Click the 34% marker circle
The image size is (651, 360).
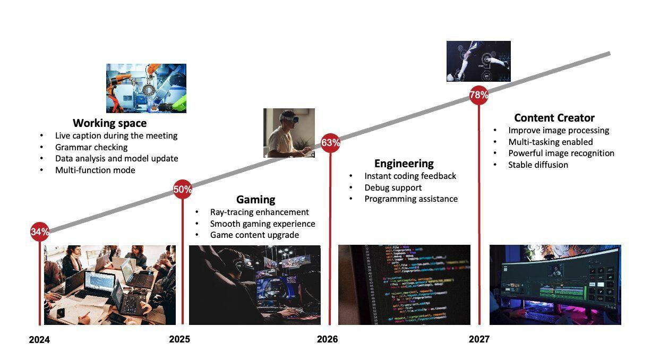tap(40, 232)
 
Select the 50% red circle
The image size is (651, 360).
tap(183, 189)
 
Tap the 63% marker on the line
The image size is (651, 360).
tap(330, 143)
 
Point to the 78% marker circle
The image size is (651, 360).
tap(478, 95)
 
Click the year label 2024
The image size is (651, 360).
tap(39, 340)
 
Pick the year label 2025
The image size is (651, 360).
tap(179, 339)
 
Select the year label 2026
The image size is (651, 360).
tap(328, 339)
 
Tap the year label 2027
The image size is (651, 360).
tap(479, 339)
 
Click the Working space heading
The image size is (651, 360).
tap(110, 123)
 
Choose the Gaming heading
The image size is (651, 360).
tap(256, 200)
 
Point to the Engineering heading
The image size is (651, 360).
tap(404, 164)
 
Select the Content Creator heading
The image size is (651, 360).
tap(554, 118)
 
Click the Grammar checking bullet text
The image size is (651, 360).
tap(91, 147)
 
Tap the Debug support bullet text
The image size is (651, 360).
tap(393, 188)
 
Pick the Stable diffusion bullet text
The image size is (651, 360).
tap(538, 165)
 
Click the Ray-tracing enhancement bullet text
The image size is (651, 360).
tap(260, 212)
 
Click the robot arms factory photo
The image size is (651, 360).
tap(146, 88)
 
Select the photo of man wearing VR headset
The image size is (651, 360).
tap(289, 133)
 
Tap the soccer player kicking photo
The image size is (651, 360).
tap(478, 61)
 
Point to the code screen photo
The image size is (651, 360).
tap(404, 285)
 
